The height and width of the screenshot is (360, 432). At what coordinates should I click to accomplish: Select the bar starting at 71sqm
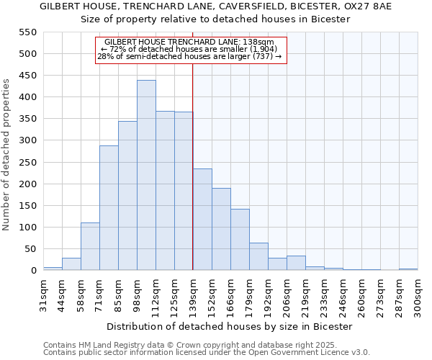coord(109,208)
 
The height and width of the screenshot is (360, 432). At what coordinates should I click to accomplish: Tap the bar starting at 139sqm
coord(202,220)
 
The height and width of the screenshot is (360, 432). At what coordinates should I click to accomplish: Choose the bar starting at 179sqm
coord(258,256)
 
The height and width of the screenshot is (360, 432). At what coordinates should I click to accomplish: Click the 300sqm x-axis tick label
coord(418,295)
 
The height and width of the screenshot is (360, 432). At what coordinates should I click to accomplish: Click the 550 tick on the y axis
coord(28,32)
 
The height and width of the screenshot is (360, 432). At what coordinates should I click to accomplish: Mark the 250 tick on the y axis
coord(28,163)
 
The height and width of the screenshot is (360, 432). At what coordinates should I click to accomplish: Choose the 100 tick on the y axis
coord(28,228)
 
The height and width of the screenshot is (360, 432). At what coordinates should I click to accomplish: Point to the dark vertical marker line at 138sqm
coord(192,166)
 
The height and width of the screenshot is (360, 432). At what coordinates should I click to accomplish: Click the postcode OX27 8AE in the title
coord(372,6)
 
